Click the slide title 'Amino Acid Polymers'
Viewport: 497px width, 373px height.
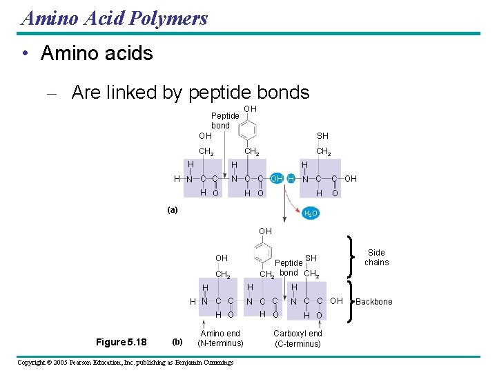115,18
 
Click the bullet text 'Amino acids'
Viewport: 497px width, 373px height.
97,53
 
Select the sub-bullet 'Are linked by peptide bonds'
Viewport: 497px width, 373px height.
190,92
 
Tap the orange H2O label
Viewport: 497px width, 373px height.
311,213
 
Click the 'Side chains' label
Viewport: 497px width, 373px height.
376,258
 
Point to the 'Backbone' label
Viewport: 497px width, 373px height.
373,302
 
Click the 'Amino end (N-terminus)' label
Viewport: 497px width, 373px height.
220,338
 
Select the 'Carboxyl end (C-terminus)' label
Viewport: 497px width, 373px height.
298,338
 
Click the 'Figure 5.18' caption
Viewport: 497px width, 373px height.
121,342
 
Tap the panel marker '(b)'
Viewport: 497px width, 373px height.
177,342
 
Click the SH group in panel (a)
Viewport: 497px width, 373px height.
322,136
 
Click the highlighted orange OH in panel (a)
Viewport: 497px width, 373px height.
276,179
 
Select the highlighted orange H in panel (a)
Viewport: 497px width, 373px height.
291,179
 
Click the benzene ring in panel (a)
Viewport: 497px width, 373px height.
250,129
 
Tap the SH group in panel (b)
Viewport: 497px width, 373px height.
311,258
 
